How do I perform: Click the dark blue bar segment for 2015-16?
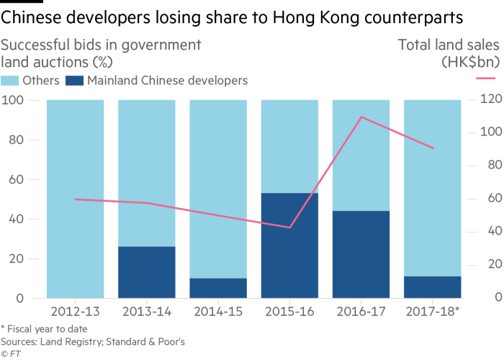(x=289, y=245)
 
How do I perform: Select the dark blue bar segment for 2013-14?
(x=146, y=271)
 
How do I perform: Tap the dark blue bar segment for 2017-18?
(x=432, y=287)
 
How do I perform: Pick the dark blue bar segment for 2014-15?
(x=217, y=287)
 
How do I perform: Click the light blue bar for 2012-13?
(x=75, y=198)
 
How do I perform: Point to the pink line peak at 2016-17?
(x=361, y=117)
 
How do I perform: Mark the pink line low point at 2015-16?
(x=289, y=228)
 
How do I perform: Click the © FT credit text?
(x=10, y=354)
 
